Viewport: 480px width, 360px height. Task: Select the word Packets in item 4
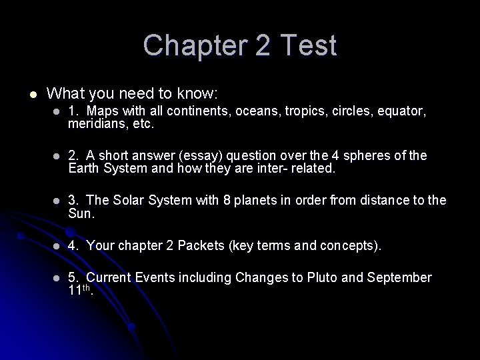tap(203, 245)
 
